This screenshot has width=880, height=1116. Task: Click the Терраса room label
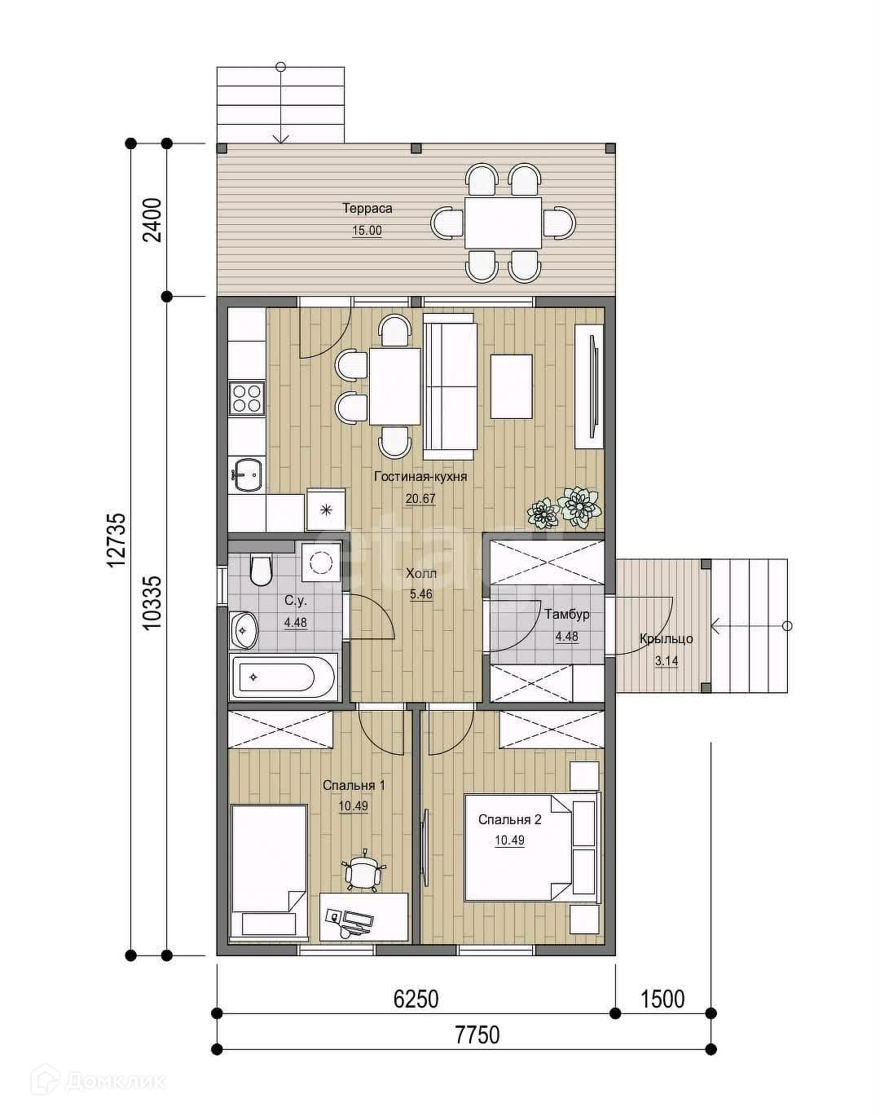[367, 209]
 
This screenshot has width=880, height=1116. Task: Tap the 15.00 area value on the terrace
[367, 231]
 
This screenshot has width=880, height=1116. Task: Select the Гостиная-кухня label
[420, 477]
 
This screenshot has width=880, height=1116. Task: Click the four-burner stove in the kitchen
[247, 398]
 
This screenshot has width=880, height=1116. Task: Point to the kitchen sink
[248, 474]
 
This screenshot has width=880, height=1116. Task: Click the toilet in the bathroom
[261, 569]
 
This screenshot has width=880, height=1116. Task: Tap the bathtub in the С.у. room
[284, 677]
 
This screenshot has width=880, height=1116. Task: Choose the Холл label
[421, 574]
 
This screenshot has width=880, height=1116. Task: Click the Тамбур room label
[567, 615]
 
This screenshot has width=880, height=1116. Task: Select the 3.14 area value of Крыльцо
[667, 660]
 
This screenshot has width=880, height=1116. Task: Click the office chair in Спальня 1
[363, 870]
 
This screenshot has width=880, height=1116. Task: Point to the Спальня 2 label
[510, 819]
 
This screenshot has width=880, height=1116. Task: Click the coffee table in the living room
[512, 386]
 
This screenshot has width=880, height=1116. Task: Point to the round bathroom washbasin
[244, 630]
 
